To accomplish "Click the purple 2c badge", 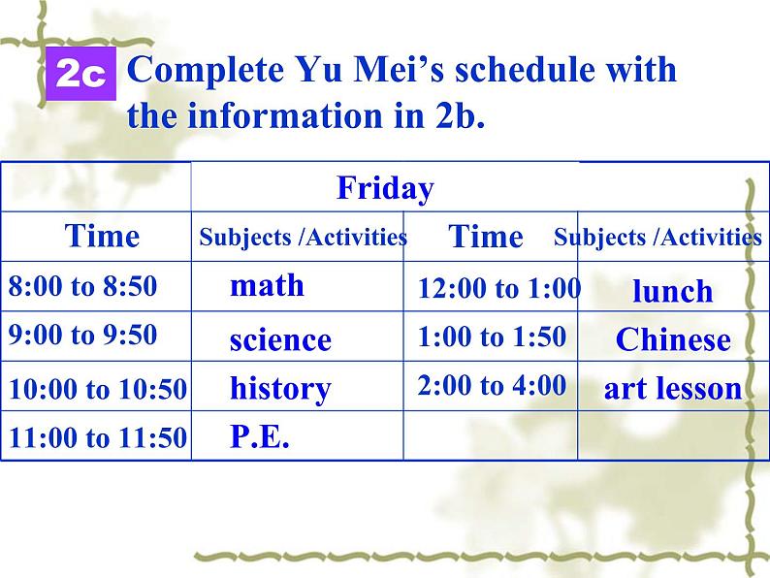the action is (x=81, y=74).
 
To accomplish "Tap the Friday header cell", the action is (x=480, y=187).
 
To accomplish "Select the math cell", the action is (x=297, y=286).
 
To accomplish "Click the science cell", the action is (x=297, y=337).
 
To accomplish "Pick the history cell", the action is (x=297, y=386).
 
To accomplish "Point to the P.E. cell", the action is (x=297, y=436).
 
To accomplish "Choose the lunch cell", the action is (x=673, y=286).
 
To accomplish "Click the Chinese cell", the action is (x=673, y=337).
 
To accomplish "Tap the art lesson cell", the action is (x=673, y=386).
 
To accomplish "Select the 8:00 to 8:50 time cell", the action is (x=96, y=286).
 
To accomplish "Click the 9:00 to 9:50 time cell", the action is (x=96, y=337).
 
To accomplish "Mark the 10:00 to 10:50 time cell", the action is (x=96, y=386).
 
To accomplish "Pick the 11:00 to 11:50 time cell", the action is (x=96, y=436).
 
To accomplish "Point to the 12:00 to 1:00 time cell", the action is (x=491, y=286).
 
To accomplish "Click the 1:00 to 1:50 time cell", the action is (x=491, y=337).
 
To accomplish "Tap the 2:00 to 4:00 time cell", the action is (x=491, y=386).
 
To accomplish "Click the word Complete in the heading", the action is (x=206, y=70).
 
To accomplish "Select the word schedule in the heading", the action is (x=525, y=69).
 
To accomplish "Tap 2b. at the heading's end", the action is (x=460, y=115).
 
